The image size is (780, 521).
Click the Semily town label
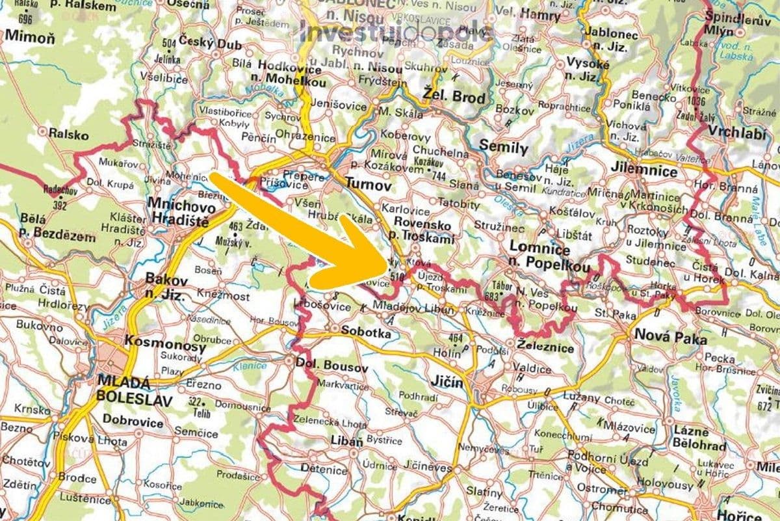click(x=503, y=148)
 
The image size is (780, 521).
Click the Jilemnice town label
click(x=644, y=172)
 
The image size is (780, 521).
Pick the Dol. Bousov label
click(x=332, y=367)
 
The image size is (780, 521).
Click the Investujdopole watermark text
click(x=396, y=31)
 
